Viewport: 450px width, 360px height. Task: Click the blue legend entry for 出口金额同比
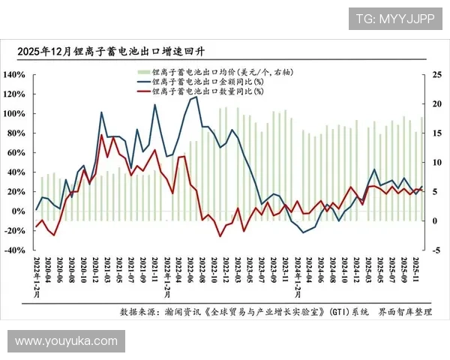pyautogui.click(x=202, y=81)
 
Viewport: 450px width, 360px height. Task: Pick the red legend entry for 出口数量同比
pyautogui.click(x=202, y=91)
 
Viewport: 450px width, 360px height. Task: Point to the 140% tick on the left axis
pyautogui.click(x=14, y=75)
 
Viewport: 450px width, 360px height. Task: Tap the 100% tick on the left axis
pyautogui.click(x=14, y=114)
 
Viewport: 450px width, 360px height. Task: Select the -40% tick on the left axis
pyautogui.click(x=14, y=250)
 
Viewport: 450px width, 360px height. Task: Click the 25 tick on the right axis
pyautogui.click(x=437, y=75)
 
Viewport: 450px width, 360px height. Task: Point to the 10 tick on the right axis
pyautogui.click(x=437, y=162)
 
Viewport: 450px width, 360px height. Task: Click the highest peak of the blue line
pyautogui.click(x=196, y=97)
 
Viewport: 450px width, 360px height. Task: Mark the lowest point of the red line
pyautogui.click(x=220, y=236)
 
